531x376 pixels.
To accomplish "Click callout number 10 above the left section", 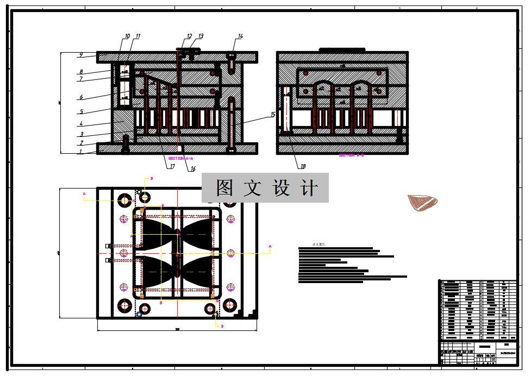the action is coord(127,36).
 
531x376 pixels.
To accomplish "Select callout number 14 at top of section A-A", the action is coord(240,36).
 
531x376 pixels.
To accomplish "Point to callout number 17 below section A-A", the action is coord(172,167).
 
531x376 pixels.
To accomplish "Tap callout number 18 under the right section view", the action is coord(303,166).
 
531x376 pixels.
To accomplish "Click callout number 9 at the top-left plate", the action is coord(80,55).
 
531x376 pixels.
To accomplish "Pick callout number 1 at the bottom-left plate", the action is coord(80,152).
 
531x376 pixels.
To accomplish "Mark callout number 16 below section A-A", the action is coord(193,169).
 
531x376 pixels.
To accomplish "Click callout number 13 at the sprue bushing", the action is coord(201,36).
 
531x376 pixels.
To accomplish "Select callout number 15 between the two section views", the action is coord(273,115).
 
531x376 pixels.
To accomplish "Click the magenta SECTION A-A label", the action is coord(181,158).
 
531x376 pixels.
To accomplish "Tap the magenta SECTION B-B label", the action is coord(350,155).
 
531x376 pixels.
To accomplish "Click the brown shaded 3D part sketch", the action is coord(422,202).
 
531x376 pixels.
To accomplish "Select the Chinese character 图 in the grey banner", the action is coord(224,188).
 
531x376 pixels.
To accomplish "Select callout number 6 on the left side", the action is coord(80,98).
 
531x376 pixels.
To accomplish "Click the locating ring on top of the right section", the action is coord(342,50).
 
